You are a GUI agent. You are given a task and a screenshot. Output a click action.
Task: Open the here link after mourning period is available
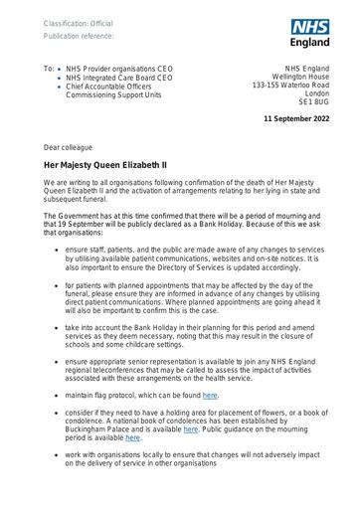(133, 436)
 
